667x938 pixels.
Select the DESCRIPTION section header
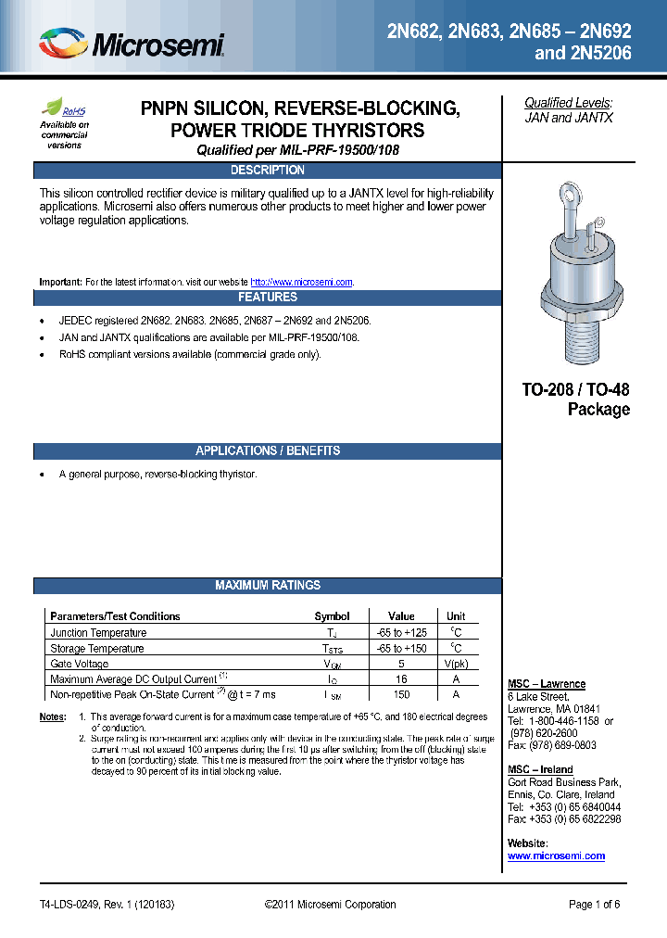pos(267,171)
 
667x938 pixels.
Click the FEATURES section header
pos(267,298)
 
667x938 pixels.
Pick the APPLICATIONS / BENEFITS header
pos(267,451)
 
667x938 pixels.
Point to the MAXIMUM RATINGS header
pos(267,586)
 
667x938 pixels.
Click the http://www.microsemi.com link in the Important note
pos(302,282)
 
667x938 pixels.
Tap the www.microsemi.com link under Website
pos(556,856)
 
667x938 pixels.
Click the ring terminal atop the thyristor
pos(567,197)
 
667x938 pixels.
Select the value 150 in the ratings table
pos(401,694)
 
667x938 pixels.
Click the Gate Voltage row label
pos(79,664)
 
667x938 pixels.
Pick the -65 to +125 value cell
pos(401,633)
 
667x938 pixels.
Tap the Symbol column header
pos(332,616)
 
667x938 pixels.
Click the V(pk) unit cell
pos(456,664)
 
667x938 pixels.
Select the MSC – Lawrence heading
pos(547,684)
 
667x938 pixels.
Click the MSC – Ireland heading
pos(540,769)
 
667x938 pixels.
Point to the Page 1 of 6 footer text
pos(594,905)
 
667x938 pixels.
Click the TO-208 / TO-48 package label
pos(575,399)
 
